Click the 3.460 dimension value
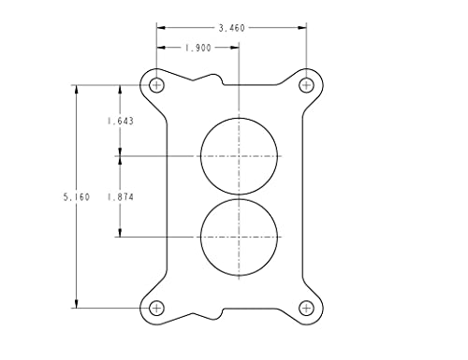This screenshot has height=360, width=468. click(x=231, y=29)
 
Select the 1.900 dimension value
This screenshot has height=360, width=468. click(x=197, y=48)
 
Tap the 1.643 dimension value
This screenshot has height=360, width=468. click(x=120, y=121)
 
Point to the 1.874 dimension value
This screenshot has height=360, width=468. click(x=120, y=196)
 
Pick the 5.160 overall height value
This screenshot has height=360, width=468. click(x=76, y=196)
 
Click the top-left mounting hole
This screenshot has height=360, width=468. click(x=157, y=85)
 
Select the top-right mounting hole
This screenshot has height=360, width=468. click(x=306, y=85)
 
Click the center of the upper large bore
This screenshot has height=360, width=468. click(x=240, y=155)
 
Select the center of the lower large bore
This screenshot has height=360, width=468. click(x=240, y=237)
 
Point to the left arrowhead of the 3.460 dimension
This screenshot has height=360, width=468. click(x=161, y=29)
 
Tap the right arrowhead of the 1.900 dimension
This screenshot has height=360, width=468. click(x=236, y=48)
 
